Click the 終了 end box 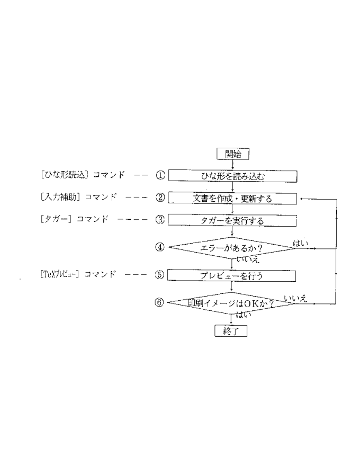[x=231, y=331]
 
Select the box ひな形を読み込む [x=232, y=176]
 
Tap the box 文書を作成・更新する [x=232, y=199]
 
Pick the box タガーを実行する [x=232, y=220]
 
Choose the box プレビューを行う [x=232, y=275]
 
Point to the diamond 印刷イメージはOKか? [x=232, y=303]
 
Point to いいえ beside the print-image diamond [x=295, y=299]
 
